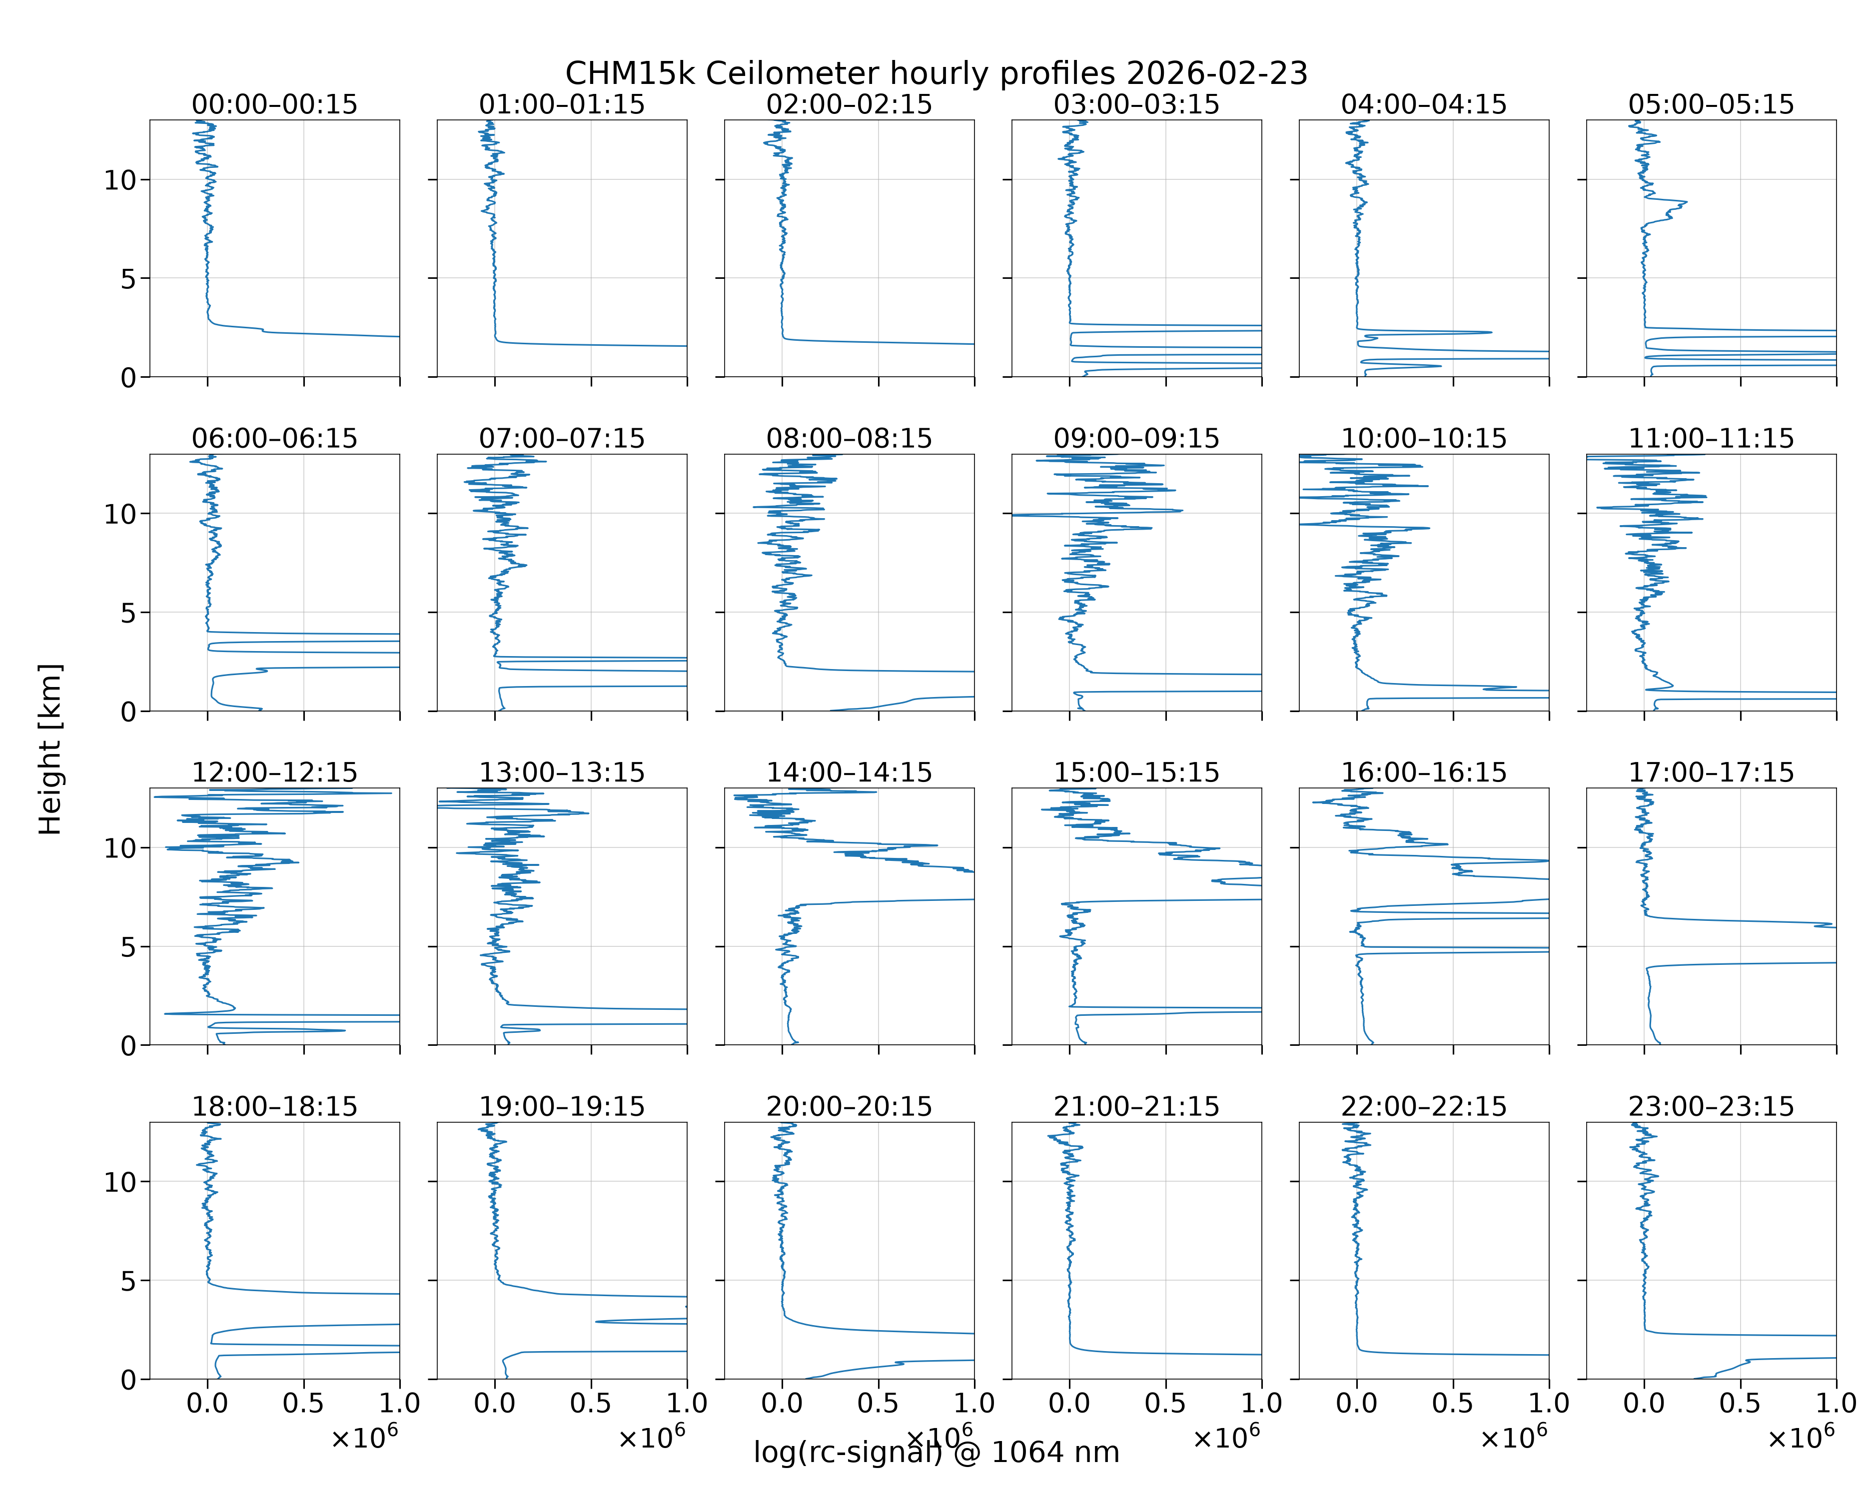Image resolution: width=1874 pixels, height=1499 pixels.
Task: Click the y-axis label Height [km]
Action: pos(50,749)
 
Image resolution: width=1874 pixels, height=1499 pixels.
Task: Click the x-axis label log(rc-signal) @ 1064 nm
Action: pos(936,1452)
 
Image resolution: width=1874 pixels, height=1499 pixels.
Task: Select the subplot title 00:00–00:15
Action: pos(275,104)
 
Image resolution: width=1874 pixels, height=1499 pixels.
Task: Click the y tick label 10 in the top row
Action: pos(121,181)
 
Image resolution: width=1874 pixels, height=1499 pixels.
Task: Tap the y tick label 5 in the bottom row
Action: pos(128,1281)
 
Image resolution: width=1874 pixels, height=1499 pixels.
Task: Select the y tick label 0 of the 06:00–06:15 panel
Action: pos(128,712)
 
